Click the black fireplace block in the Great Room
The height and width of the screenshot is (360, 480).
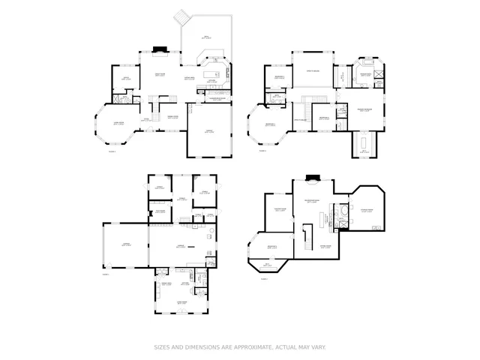tap(160, 51)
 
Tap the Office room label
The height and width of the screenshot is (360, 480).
tap(126, 76)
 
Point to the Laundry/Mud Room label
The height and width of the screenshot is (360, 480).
tap(212, 98)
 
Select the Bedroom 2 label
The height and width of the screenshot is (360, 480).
tap(278, 77)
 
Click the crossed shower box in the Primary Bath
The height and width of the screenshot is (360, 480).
tap(379, 73)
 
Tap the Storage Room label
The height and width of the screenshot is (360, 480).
tap(367, 211)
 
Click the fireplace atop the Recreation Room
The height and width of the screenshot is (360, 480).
tap(313, 178)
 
